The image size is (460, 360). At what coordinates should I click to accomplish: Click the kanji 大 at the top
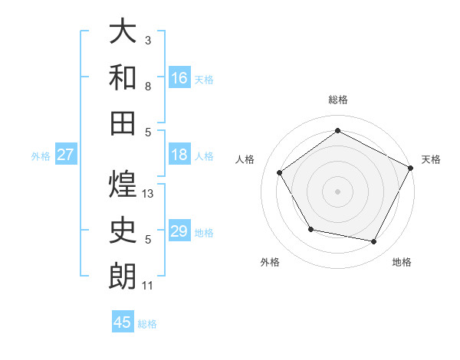click(x=123, y=31)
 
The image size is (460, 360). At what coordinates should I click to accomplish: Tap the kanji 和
click(x=123, y=77)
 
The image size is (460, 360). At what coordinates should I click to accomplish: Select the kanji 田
click(x=123, y=122)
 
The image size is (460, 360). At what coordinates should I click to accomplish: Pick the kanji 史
click(x=123, y=230)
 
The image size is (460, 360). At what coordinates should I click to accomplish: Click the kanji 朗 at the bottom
click(x=123, y=276)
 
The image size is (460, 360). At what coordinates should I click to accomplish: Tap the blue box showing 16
click(x=179, y=77)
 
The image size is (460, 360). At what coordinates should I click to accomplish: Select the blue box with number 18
click(x=179, y=155)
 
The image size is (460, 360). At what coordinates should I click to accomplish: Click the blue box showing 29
click(x=179, y=232)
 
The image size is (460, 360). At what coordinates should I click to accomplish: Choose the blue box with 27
click(x=65, y=155)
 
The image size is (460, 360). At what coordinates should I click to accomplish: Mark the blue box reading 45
click(x=123, y=322)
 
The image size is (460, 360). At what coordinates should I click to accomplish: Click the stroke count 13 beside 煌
click(x=149, y=194)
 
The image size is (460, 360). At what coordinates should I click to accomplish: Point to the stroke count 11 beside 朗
click(x=148, y=286)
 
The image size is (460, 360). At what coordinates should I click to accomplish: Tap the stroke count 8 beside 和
click(x=148, y=87)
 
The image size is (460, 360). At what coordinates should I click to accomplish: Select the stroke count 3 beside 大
click(x=148, y=40)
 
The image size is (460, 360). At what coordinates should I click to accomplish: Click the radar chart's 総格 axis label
click(x=337, y=100)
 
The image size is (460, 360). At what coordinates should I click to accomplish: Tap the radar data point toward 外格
click(x=310, y=229)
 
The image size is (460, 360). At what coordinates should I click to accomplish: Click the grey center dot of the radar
click(x=337, y=191)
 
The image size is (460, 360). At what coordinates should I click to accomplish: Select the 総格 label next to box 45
click(x=147, y=324)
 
